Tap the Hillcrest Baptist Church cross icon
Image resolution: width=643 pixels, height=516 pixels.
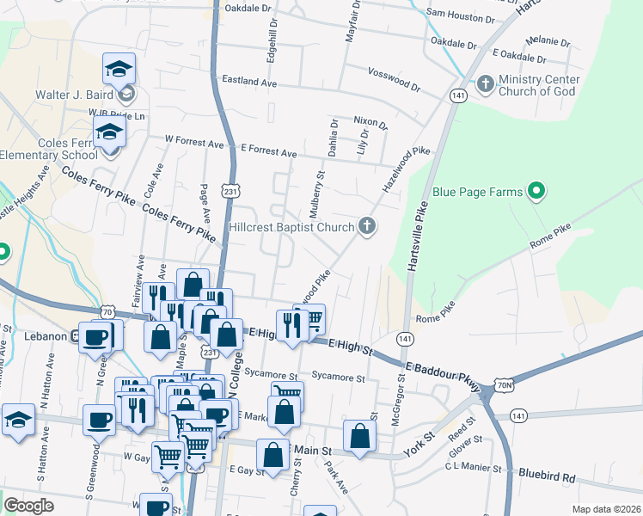(367, 227)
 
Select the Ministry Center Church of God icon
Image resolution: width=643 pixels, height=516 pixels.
(486, 83)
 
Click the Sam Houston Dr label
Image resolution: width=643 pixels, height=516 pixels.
(460, 15)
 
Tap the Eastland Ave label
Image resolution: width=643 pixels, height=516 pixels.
(249, 82)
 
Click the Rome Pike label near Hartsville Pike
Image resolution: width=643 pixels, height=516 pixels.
(434, 313)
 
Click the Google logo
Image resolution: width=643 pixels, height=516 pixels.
(28, 506)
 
